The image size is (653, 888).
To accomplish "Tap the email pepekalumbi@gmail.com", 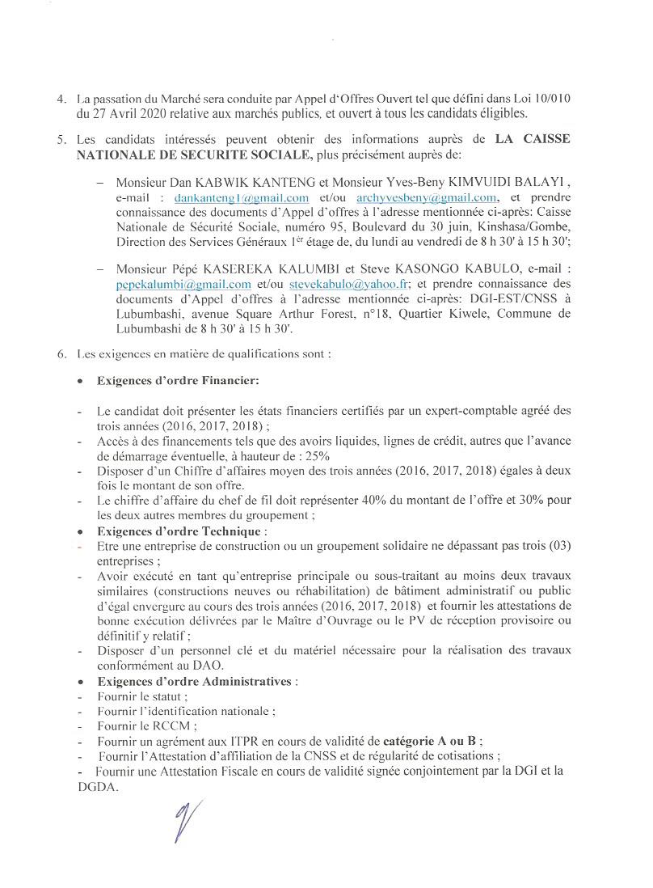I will click(183, 284).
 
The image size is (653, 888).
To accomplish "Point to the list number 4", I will click(61, 99).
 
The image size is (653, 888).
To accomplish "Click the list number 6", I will click(61, 353).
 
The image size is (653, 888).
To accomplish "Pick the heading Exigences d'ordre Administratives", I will click(193, 682).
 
